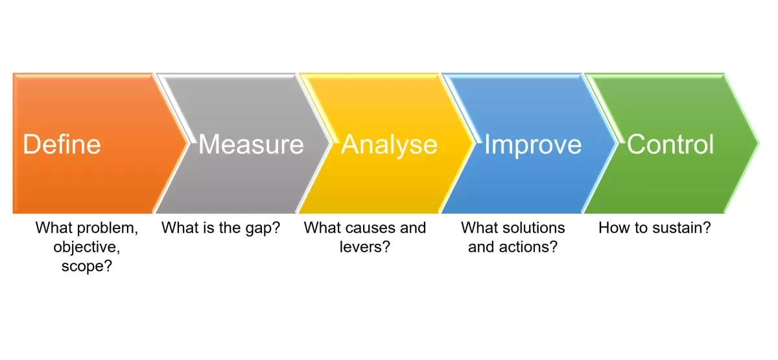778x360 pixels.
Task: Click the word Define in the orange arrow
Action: coord(62,144)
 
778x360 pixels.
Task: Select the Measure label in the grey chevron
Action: coord(251,144)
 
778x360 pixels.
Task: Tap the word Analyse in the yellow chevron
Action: coord(389,144)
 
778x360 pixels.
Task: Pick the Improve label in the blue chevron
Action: coord(533,144)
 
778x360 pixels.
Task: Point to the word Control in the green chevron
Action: coord(670,144)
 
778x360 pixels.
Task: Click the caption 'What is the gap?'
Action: coord(220,228)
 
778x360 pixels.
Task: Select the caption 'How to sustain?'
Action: coord(655,228)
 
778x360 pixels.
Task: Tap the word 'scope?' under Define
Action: coord(86,266)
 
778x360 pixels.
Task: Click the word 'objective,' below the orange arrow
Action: coord(86,247)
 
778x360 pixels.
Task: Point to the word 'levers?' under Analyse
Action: coord(364,247)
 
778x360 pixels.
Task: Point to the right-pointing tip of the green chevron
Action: coord(757,143)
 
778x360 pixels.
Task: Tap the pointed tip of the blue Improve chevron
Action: coord(615,143)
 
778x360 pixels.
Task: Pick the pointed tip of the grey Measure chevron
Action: coord(329,143)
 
